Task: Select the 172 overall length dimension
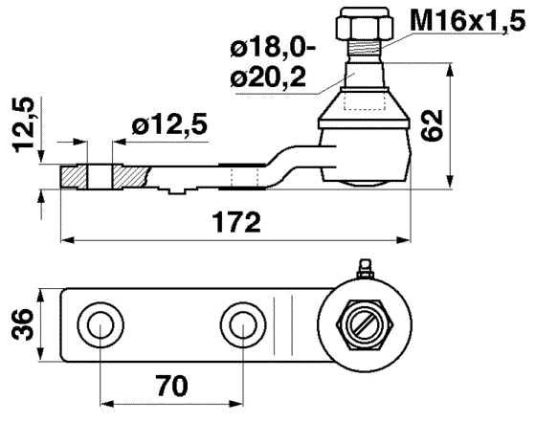coord(234,224)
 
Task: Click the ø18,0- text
coord(273,46)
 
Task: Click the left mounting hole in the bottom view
coord(99,325)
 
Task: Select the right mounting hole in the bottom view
coord(238,325)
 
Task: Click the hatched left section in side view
coord(74,178)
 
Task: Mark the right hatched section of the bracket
coord(131,178)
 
